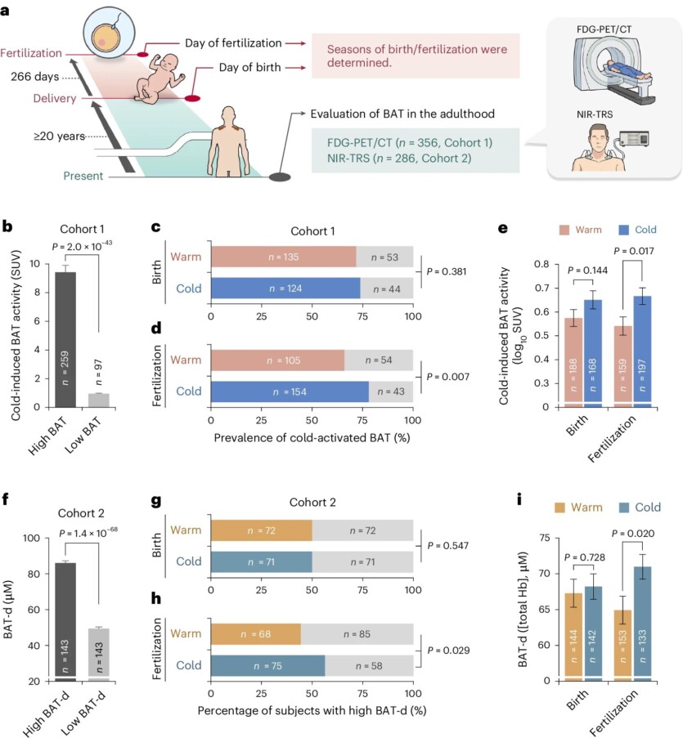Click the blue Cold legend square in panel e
(x=602, y=230)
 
